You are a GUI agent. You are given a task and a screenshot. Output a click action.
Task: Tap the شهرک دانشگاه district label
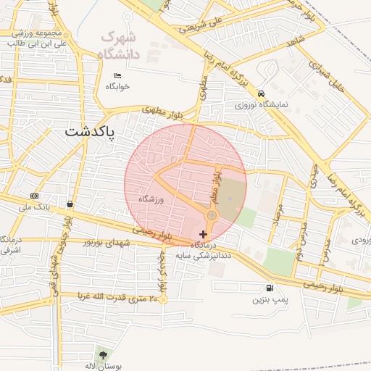(x=119, y=43)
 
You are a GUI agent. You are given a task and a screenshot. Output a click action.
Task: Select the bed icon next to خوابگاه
(x=117, y=75)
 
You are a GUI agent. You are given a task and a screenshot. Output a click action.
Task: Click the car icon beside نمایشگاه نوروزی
(x=261, y=93)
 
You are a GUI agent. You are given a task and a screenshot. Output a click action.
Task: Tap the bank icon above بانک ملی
(x=34, y=196)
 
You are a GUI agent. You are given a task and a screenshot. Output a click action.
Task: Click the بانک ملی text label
(x=34, y=207)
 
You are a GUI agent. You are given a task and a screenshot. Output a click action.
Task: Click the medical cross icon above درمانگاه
(x=202, y=234)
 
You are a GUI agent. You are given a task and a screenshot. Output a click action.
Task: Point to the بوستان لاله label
(x=100, y=366)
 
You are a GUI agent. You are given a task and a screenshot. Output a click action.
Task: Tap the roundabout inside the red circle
(x=212, y=216)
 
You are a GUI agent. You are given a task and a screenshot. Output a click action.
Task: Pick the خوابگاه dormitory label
(x=117, y=86)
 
